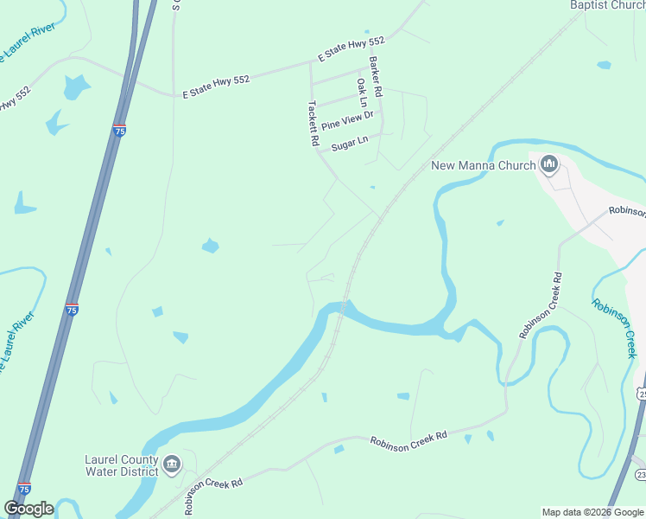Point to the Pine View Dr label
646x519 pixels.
[x=347, y=120]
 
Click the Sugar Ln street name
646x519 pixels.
[x=350, y=142]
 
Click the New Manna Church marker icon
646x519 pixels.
[x=549, y=163]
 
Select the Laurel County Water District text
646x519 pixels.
[x=122, y=465]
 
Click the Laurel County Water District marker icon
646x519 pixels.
[x=172, y=465]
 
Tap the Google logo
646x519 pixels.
[x=29, y=509]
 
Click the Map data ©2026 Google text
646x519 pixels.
[x=592, y=512]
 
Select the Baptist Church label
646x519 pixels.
[x=607, y=5]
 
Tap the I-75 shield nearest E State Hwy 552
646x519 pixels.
[x=119, y=131]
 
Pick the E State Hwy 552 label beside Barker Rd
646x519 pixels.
[x=351, y=48]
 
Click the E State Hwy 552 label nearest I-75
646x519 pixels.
[x=215, y=86]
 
